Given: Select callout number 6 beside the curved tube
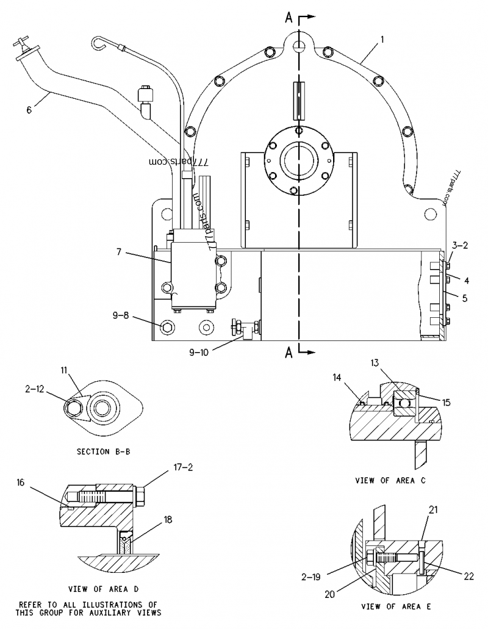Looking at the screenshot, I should coord(28,110).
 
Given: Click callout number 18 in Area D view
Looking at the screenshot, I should coord(167,519).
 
